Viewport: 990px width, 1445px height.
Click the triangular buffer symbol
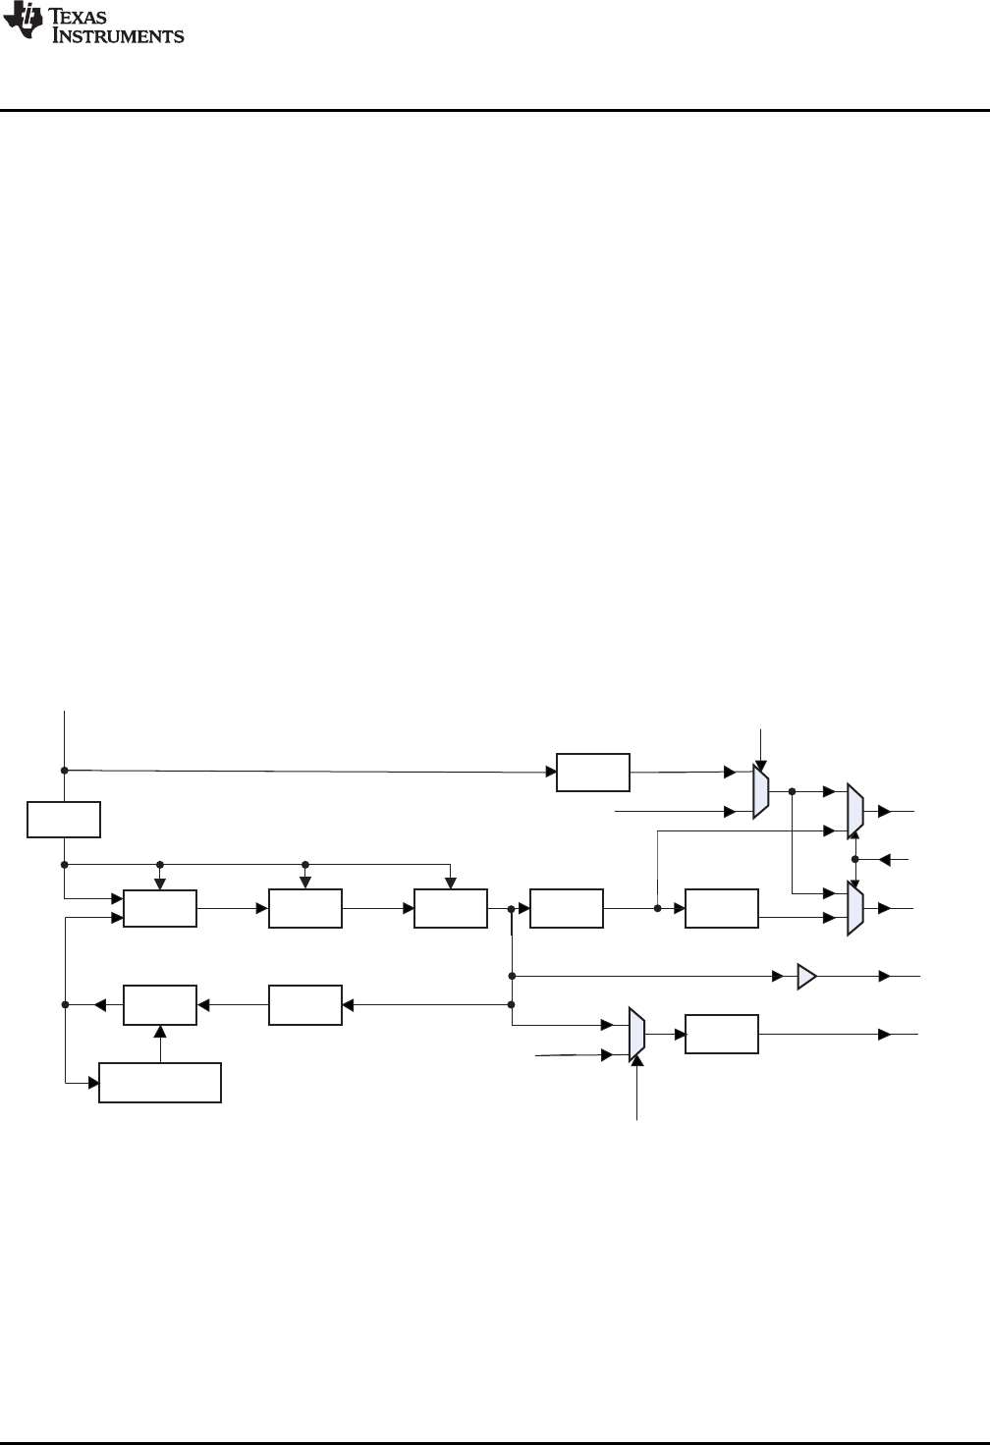click(x=806, y=977)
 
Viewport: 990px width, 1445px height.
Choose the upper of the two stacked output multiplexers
click(x=855, y=812)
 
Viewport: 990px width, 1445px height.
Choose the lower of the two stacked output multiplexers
click(x=855, y=908)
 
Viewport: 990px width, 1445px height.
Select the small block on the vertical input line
click(x=64, y=819)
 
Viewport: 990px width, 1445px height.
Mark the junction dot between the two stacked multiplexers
click(x=855, y=859)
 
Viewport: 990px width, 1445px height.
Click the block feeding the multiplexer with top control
click(x=593, y=772)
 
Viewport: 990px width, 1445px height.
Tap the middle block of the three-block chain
click(x=305, y=908)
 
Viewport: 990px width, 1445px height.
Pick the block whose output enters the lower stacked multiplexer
click(x=722, y=908)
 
